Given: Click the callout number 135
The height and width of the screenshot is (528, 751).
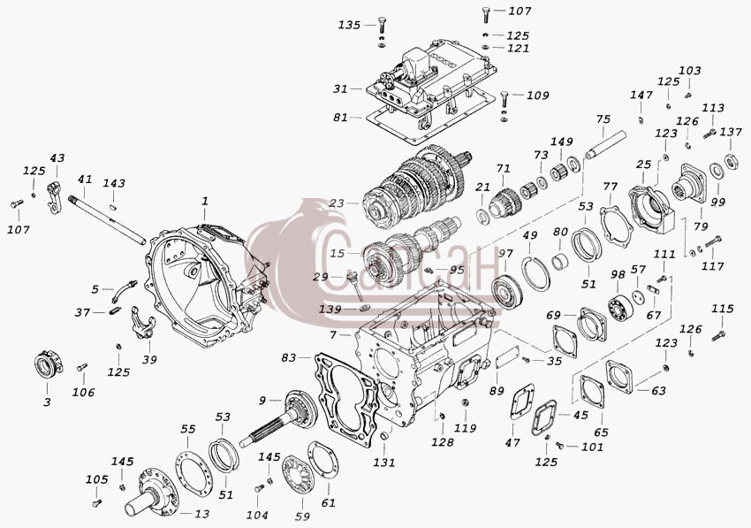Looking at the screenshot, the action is pos(349,25).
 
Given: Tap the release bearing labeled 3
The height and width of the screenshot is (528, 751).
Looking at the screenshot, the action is pos(49,366).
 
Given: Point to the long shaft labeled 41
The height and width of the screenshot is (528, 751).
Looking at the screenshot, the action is pos(107,219).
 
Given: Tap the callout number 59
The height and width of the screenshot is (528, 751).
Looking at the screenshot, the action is pos(303,516).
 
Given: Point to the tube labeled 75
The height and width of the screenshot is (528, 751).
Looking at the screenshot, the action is pos(606,143).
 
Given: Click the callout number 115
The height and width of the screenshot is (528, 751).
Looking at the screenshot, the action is pos(722,310).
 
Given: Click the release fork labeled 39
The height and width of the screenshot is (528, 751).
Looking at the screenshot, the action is pos(143,321).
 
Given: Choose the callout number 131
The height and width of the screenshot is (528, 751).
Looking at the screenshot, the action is pos(384,463).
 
